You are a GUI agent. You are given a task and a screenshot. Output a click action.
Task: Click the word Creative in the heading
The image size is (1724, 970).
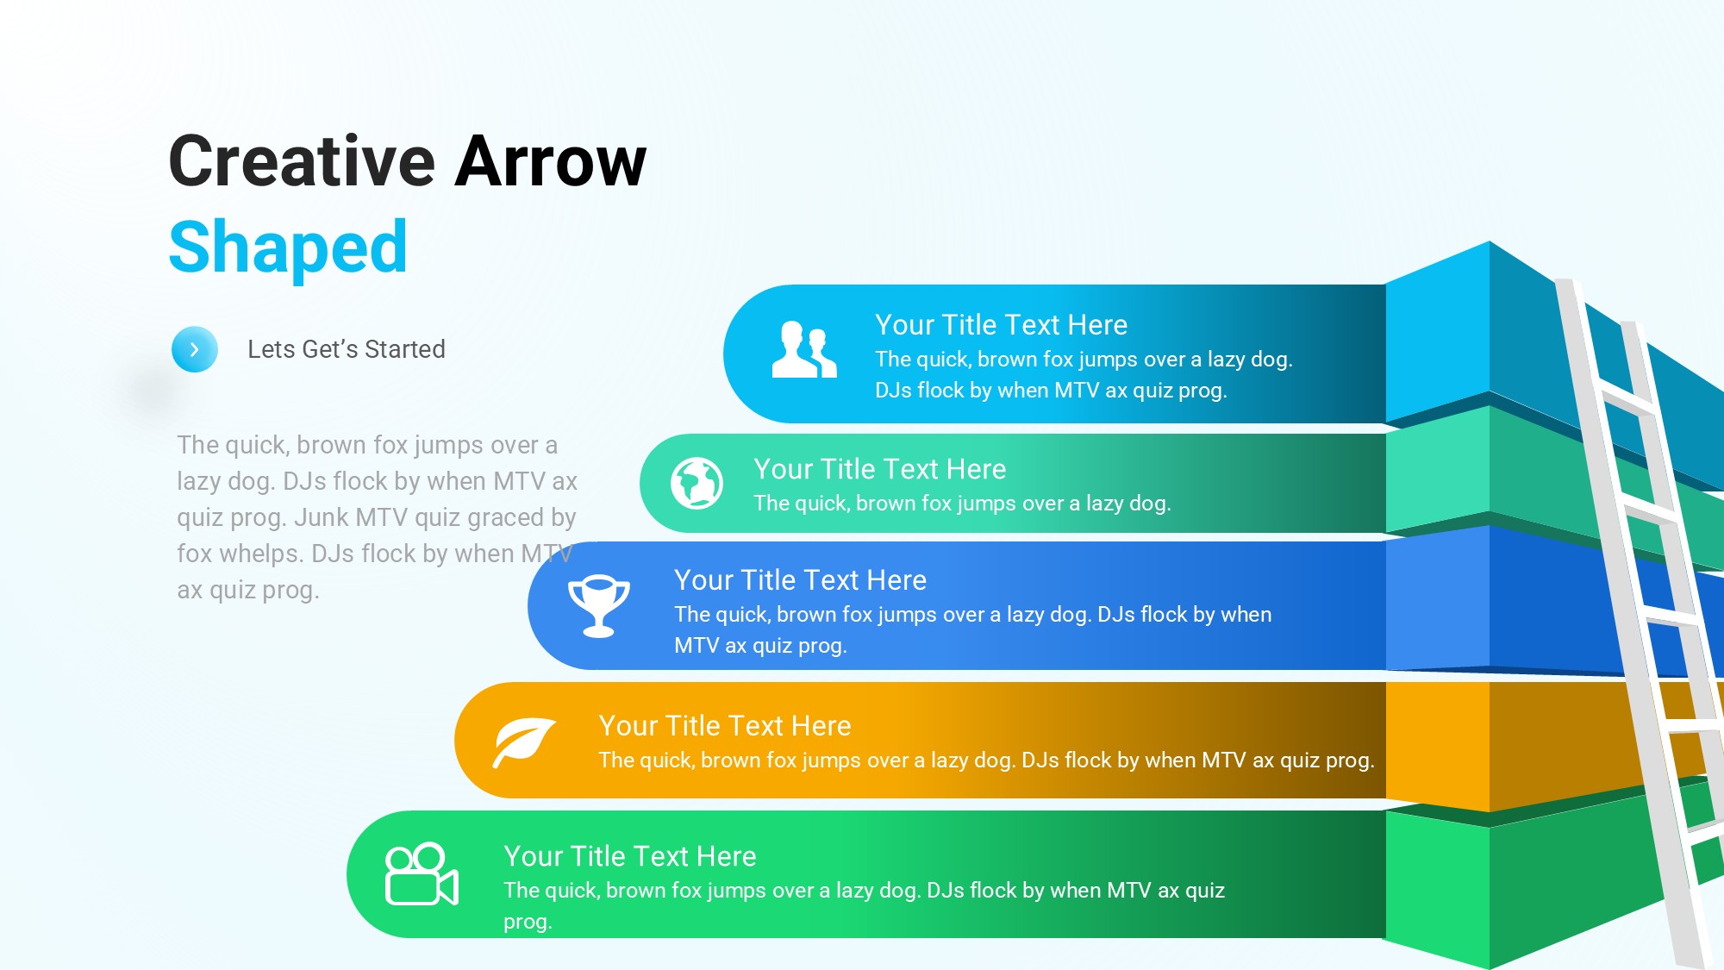coord(303,161)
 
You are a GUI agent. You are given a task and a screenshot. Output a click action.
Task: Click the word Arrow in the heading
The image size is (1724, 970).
coord(551,161)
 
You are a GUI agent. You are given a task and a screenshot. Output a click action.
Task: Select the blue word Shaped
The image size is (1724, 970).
coord(288,248)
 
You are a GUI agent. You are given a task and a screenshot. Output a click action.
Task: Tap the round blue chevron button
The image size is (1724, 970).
coord(195,349)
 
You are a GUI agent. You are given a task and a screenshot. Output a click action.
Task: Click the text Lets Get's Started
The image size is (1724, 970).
coord(347,349)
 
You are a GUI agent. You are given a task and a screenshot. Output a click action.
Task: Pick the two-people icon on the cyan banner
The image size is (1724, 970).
coord(804,349)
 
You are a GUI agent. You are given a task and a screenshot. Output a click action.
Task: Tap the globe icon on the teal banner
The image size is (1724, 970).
coord(697,483)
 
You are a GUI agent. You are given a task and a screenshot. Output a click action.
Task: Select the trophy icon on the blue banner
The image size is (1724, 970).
coord(598,606)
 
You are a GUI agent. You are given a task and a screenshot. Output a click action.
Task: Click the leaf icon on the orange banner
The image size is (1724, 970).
coord(524,742)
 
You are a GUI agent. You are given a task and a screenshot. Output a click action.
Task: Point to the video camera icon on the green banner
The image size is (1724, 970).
coord(422,874)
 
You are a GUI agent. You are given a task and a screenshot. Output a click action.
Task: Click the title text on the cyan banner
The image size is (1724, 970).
coord(1001,325)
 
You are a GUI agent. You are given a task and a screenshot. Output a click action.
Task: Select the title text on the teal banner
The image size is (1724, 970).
coord(880,469)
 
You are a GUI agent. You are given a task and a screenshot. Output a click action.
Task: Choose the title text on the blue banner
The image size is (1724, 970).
coord(801,580)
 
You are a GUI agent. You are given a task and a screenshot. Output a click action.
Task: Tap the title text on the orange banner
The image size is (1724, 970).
coord(725,726)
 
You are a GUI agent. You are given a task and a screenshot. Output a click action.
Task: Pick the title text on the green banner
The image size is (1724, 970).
coord(630,856)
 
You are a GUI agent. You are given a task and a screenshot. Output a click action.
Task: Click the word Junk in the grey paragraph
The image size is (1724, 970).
coord(322,517)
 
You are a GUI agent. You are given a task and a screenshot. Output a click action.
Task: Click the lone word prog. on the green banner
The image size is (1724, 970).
coord(528,923)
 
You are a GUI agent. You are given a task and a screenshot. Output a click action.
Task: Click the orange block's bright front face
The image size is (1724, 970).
coord(1437,746)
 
